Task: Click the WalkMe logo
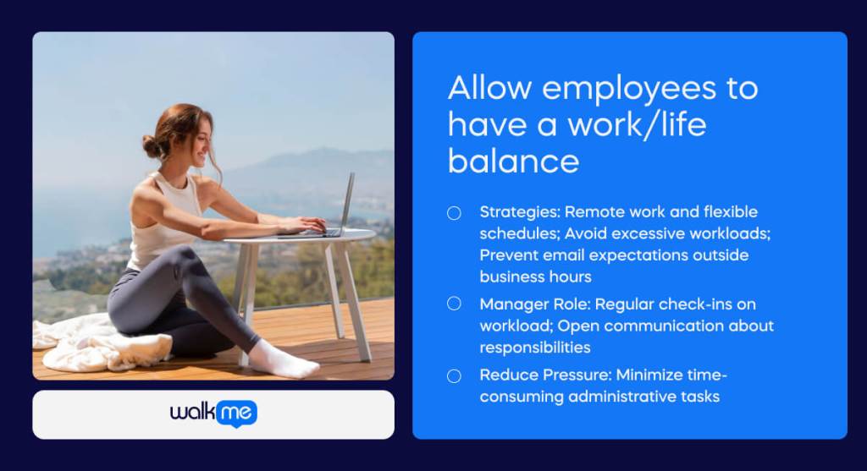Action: point(213,413)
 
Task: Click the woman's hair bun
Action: point(152,145)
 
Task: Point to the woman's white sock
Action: point(284,361)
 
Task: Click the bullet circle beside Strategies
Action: point(455,213)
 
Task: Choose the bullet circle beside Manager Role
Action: point(455,304)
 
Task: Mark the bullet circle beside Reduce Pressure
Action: point(455,375)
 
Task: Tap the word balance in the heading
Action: point(513,160)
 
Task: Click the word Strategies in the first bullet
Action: point(518,211)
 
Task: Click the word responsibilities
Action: point(535,347)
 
